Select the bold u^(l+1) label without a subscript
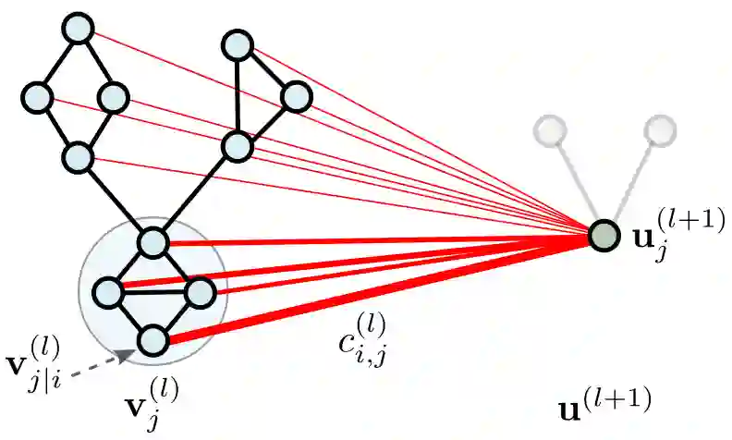[x=606, y=402]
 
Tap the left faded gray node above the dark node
[x=553, y=129]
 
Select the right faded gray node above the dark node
[x=660, y=129]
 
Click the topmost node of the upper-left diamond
[x=78, y=30]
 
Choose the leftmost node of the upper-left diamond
[x=37, y=96]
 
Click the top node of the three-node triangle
[x=238, y=43]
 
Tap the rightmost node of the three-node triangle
[x=296, y=95]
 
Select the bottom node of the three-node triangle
[x=237, y=146]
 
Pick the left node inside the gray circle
[x=108, y=292]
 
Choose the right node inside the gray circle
[x=200, y=293]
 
